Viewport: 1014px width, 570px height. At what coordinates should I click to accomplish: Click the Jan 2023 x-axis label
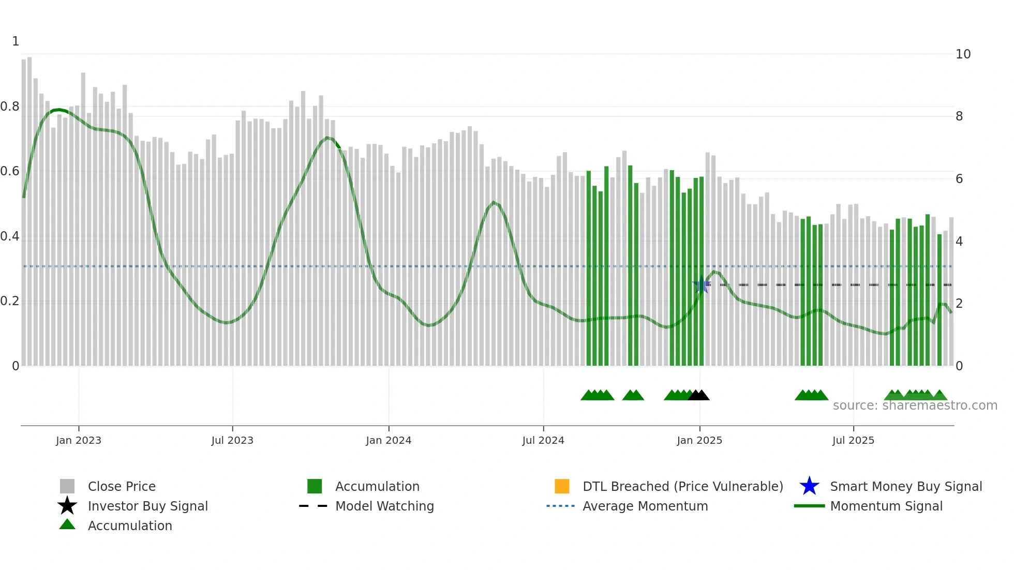click(79, 440)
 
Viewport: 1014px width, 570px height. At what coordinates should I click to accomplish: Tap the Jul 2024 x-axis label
click(543, 440)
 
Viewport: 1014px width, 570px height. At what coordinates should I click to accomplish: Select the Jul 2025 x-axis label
click(853, 440)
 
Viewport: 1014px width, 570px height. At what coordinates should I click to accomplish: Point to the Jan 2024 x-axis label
click(389, 440)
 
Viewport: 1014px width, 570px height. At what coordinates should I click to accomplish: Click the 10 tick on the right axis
click(963, 54)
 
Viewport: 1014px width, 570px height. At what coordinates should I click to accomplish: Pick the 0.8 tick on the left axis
click(10, 107)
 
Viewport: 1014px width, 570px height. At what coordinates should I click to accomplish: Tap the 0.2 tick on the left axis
click(10, 301)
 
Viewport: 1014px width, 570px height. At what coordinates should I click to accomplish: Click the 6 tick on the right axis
click(959, 179)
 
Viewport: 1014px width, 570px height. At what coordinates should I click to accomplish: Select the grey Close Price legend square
click(67, 486)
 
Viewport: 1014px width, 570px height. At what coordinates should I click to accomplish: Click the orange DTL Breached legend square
click(562, 486)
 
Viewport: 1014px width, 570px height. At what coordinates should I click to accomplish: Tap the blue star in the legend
click(809, 486)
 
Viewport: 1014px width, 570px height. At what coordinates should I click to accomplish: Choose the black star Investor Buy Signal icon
click(67, 506)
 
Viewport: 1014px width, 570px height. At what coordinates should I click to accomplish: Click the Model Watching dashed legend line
click(314, 506)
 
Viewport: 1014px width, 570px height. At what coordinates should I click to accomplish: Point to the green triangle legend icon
click(67, 524)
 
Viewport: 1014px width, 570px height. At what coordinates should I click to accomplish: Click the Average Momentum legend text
click(645, 506)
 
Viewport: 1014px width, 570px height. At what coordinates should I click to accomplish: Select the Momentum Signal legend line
click(809, 506)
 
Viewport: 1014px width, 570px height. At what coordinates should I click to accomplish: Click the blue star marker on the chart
click(702, 285)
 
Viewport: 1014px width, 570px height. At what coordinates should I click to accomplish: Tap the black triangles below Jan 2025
click(698, 395)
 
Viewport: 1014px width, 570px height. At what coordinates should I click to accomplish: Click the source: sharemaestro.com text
click(915, 406)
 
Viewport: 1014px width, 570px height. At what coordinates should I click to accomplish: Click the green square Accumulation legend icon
click(315, 486)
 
